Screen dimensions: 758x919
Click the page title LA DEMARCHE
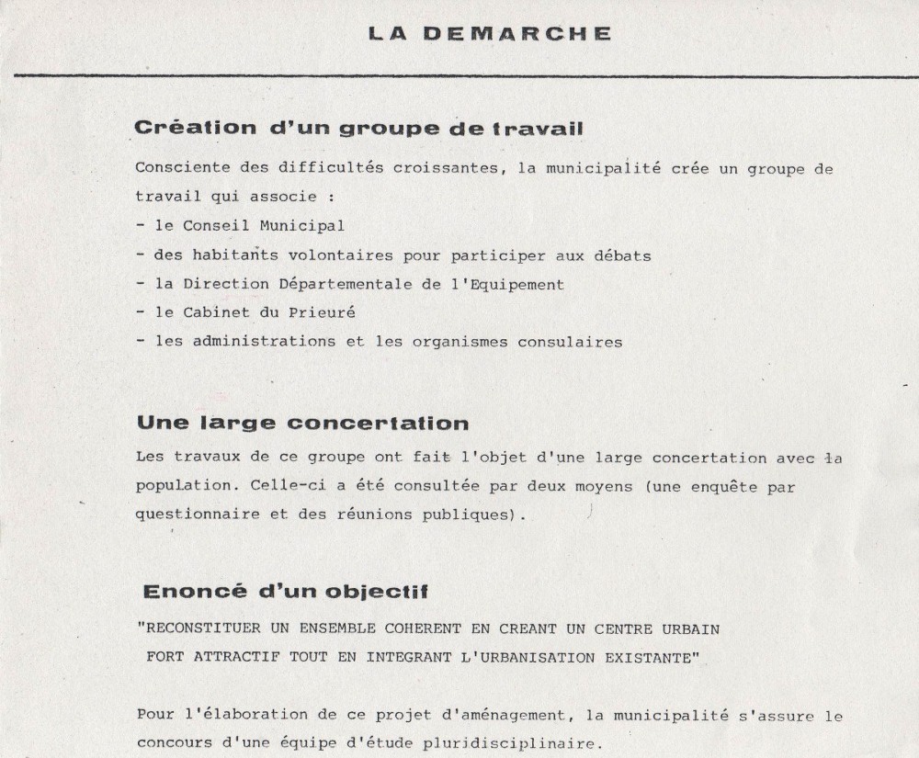click(489, 34)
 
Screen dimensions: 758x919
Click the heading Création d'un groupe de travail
click(358, 129)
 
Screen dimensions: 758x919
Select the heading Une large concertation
click(302, 424)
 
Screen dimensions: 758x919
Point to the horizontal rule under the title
click(459, 73)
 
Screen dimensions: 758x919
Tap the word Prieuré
click(323, 312)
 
